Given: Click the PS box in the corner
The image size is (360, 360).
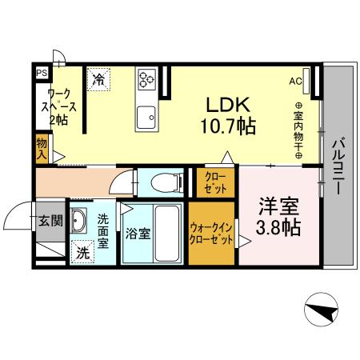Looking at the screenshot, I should [41, 71].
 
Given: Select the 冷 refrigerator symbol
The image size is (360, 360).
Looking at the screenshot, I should [98, 79].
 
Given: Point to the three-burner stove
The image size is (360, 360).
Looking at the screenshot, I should [147, 78].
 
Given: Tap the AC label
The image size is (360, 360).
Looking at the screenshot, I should [295, 80].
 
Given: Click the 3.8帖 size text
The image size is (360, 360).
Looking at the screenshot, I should [277, 227].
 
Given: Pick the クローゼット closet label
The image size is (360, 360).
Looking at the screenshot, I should [214, 181].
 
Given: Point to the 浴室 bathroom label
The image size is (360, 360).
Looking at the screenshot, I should [136, 234].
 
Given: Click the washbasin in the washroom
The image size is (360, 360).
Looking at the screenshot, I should [79, 220].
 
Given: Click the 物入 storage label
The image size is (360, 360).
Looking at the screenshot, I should [42, 148].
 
